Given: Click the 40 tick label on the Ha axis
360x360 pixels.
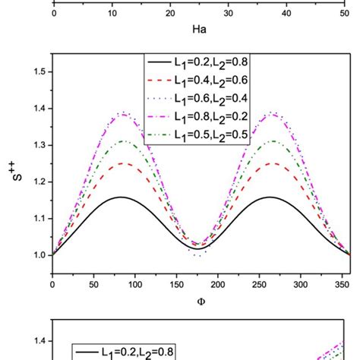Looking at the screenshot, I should pyautogui.click(x=286, y=13).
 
